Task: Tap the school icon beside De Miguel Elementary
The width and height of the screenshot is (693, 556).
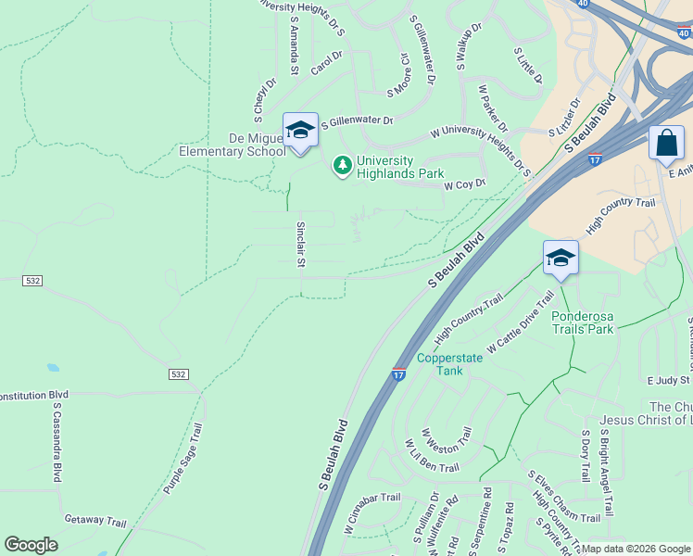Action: [x=300, y=131]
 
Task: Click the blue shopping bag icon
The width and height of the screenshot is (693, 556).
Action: [x=666, y=144]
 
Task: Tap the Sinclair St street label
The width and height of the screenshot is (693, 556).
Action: [x=301, y=245]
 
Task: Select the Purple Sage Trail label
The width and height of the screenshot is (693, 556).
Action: [x=183, y=458]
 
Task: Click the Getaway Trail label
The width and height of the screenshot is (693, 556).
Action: [x=94, y=520]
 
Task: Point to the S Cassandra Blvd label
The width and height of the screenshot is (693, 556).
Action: [x=57, y=441]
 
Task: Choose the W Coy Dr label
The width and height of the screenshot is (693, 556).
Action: [x=465, y=184]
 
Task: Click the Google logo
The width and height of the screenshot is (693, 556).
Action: [x=31, y=545]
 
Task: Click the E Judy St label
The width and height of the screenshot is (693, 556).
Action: [x=669, y=380]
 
